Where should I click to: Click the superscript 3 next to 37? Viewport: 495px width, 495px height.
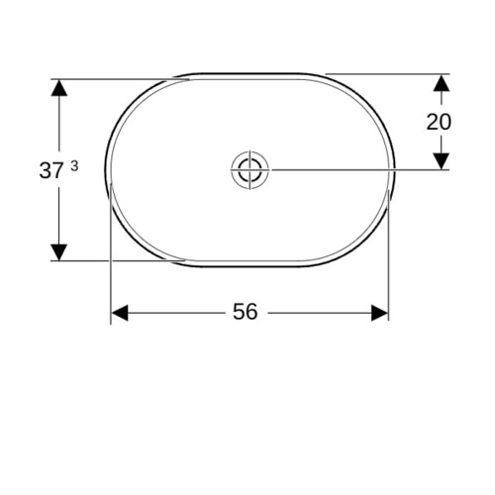74,166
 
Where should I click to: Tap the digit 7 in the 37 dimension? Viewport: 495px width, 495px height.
56,171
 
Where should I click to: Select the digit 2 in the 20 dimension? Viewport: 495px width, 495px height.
433,122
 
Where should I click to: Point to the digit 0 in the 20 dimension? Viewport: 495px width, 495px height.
445,122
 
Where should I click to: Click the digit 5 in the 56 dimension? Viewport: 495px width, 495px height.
239,312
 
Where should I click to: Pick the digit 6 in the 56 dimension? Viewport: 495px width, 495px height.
251,312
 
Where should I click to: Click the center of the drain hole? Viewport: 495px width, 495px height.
249,169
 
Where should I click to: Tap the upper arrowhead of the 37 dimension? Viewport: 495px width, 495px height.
59,88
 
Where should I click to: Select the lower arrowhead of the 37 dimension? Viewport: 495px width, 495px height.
59,252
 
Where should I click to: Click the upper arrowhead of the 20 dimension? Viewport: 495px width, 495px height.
442,83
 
